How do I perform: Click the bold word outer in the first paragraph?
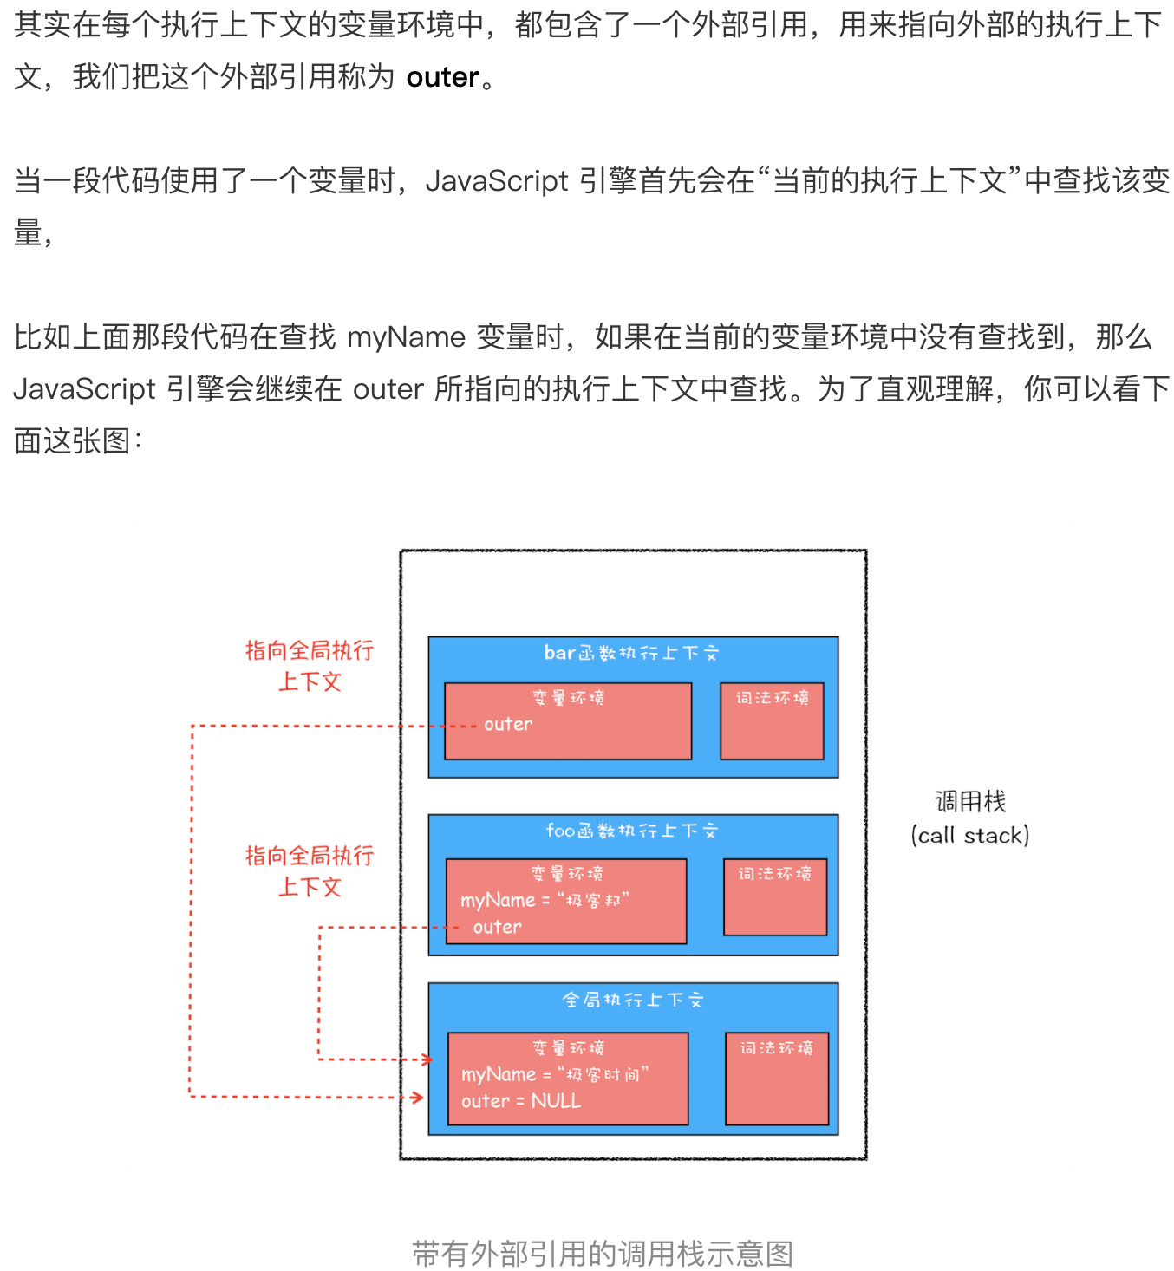tap(442, 78)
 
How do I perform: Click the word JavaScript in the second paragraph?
tap(497, 181)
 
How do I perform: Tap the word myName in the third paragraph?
tap(406, 337)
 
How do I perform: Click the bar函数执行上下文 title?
tap(631, 654)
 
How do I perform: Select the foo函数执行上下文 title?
tap(631, 831)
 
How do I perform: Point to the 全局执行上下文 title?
tap(632, 1001)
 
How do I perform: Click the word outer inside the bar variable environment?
tap(508, 724)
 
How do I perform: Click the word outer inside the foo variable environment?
tap(497, 927)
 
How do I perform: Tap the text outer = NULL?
tap(521, 1101)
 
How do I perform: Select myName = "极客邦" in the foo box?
tap(545, 900)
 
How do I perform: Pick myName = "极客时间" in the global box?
tap(555, 1075)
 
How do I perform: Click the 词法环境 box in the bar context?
tap(772, 720)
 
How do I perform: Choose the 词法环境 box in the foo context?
tap(775, 896)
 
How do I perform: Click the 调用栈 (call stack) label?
tap(970, 818)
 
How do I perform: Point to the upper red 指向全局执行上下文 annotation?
tap(310, 666)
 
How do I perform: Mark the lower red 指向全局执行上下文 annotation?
tap(310, 871)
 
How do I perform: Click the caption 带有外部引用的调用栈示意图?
tap(603, 1254)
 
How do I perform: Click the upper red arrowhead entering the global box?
tap(427, 1059)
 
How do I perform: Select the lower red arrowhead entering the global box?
tap(418, 1098)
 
